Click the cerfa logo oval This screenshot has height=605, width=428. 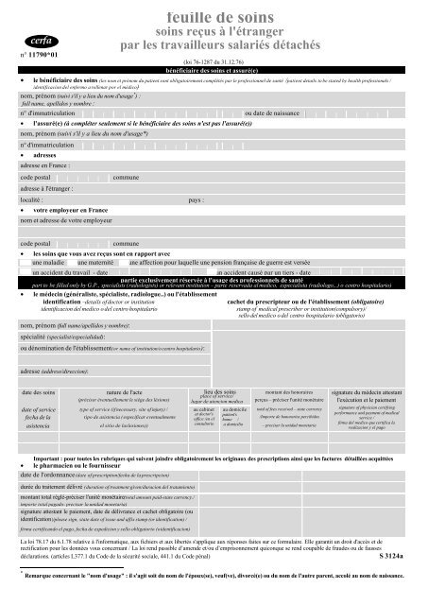[x=35, y=42]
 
